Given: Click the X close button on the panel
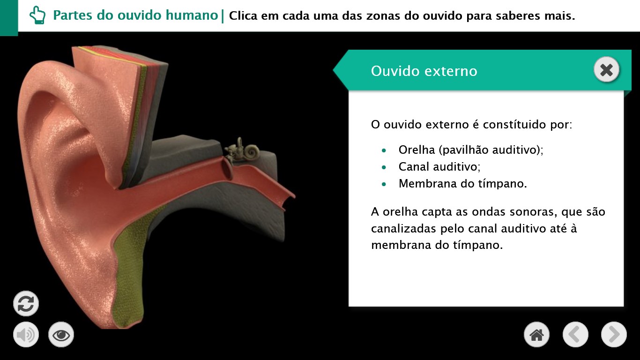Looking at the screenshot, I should pos(606,70).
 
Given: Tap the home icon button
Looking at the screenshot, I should pos(536,335).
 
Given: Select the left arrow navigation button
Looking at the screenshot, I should pos(575,335).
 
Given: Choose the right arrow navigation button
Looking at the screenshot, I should pos(614,335).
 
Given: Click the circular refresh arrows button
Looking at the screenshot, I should pos(26,304).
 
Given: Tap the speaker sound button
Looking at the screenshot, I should pos(26,335).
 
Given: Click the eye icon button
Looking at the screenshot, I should pos(61,335).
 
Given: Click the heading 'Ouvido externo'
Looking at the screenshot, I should pos(424,71).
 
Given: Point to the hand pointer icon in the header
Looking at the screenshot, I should pos(37,15).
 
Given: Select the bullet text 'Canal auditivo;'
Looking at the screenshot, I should pos(439,167).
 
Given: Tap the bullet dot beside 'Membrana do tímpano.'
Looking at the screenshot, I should pos(384,184).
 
